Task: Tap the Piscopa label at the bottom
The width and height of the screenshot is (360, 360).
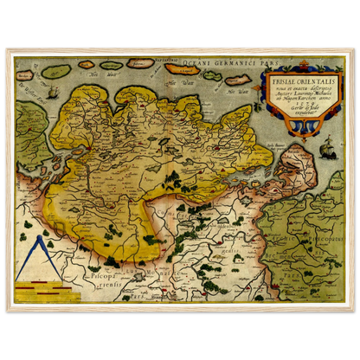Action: point(99,279)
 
